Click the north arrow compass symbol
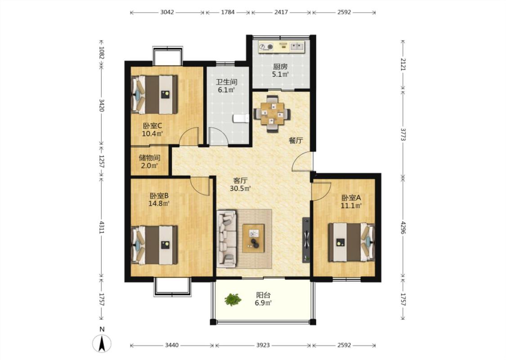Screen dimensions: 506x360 [x=102, y=343]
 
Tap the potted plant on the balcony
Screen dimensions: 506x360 [x=233, y=300]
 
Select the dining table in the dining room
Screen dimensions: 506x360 [x=273, y=114]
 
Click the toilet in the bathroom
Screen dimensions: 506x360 [x=241, y=118]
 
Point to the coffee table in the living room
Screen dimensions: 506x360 [x=254, y=238]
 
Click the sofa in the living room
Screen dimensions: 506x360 [x=227, y=238]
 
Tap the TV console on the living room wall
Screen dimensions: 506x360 [x=306, y=240]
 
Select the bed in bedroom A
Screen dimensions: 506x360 [x=351, y=242]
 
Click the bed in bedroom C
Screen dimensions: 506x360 [x=154, y=94]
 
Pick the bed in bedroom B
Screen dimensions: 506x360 [x=154, y=245]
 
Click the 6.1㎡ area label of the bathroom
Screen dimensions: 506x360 [x=226, y=90]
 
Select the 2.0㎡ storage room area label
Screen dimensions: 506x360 [x=149, y=166]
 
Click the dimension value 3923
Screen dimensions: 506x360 [x=263, y=345]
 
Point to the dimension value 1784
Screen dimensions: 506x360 [x=228, y=12]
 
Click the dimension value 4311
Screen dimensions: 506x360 [x=102, y=227]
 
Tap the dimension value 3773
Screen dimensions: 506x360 [x=403, y=134]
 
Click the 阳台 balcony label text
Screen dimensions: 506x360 [x=263, y=295]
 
